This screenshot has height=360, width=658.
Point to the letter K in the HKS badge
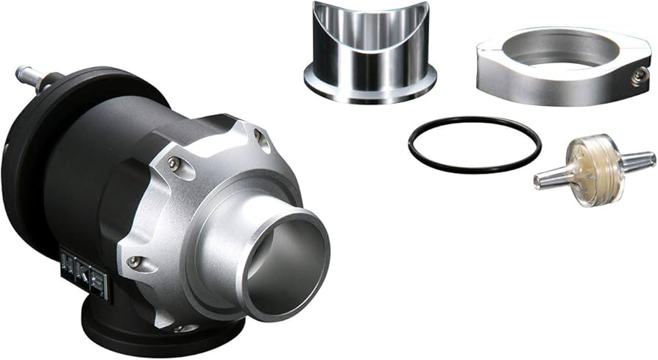click(x=83, y=274)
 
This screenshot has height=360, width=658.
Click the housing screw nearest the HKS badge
click(x=134, y=261)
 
